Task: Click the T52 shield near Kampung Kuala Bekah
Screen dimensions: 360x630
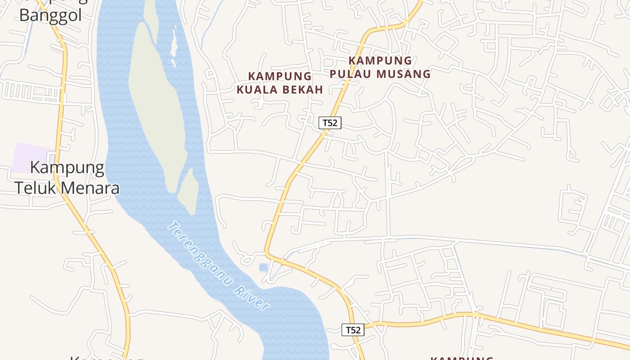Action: (330, 122)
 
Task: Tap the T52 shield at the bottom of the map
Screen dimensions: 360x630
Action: (353, 330)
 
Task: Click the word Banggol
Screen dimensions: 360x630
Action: (50, 15)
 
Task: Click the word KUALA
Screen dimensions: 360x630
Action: (257, 90)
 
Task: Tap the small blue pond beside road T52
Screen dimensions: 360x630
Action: (263, 267)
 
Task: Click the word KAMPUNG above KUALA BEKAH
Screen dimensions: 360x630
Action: (280, 76)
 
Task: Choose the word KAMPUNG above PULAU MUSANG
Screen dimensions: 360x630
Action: (380, 60)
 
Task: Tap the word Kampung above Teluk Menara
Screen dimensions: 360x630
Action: (67, 168)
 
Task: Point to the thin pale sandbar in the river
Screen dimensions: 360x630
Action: (173, 45)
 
